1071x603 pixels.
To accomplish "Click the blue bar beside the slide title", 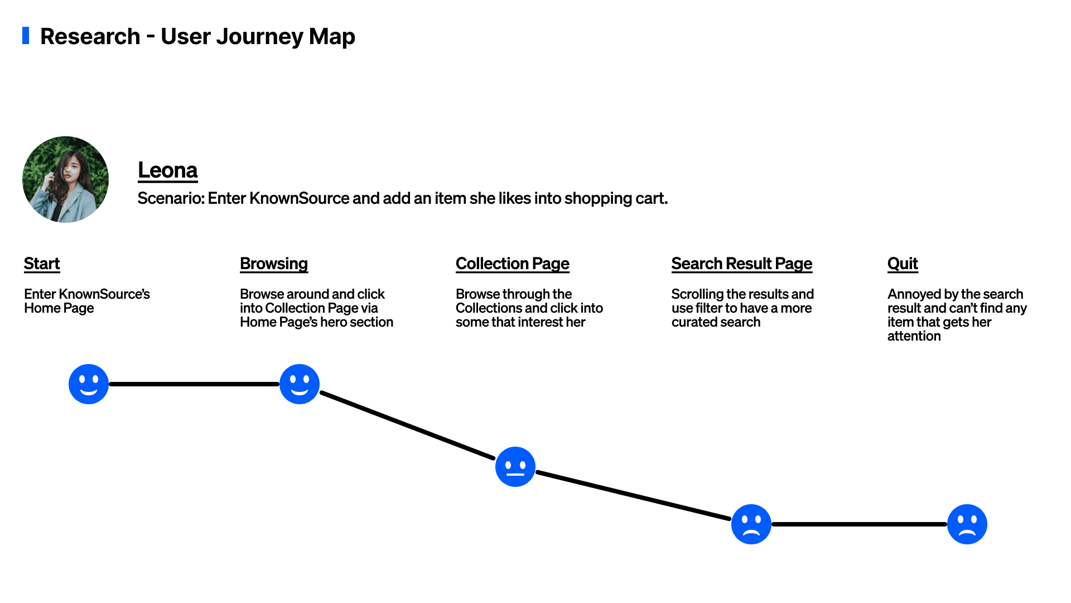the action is coord(26,35).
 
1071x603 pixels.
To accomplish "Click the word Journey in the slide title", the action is coord(259,37).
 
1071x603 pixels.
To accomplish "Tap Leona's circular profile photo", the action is coord(65,179).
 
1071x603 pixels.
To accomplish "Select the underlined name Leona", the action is coord(168,170).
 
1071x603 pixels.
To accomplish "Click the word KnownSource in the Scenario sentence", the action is coord(299,198).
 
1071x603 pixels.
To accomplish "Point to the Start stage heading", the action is coord(42,264).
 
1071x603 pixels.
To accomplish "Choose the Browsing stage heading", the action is coord(274,264).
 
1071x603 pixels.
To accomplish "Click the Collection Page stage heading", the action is coord(513,264).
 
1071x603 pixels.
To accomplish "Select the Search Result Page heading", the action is coord(742,264).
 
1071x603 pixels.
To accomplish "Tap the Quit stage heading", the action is coord(903,264).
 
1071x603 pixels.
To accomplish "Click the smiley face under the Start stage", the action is coord(89,384).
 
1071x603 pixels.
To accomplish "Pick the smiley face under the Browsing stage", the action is coord(300,384).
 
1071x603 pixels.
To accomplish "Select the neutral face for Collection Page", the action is coord(515,467).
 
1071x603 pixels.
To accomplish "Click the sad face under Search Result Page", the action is coord(751,524).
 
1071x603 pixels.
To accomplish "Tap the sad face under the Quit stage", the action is coord(967,524).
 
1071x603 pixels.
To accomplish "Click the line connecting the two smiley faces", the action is coord(194,384).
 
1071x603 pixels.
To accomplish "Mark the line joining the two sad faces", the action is coord(859,524).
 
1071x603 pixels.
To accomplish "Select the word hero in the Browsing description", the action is coord(334,322).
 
